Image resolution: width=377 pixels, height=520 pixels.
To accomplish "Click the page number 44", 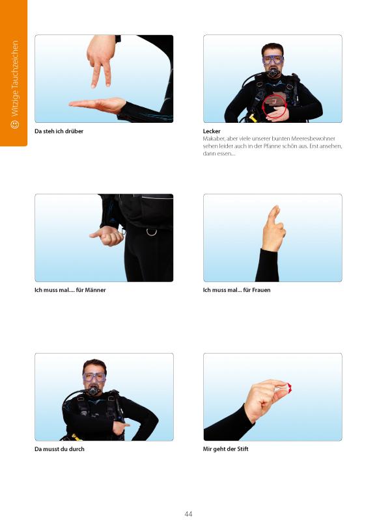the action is tap(188, 513).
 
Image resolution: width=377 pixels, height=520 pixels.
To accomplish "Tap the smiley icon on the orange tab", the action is tap(14, 124).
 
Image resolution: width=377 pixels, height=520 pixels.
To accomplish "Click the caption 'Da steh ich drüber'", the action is tap(59, 131).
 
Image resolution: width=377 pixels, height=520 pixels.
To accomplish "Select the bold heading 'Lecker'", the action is tap(212, 131).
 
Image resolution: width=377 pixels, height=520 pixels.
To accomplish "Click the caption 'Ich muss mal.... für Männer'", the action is tap(70, 290).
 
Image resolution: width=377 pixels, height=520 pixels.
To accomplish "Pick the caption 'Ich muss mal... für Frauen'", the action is tap(236, 290).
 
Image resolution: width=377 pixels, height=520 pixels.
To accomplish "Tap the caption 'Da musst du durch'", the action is tap(59, 449).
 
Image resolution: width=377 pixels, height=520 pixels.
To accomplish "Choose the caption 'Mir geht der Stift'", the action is tap(225, 449).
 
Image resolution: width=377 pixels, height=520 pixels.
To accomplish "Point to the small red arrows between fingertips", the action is tap(289, 388).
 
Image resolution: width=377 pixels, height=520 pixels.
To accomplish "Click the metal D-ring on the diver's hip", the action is tap(152, 232).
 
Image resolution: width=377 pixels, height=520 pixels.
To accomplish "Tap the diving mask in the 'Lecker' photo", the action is tap(273, 60).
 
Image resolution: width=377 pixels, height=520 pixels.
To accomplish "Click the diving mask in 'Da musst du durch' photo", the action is tap(94, 377).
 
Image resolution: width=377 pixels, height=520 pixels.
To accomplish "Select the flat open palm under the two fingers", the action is tap(98, 105).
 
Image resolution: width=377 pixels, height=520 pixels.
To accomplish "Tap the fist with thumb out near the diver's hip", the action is tap(107, 236).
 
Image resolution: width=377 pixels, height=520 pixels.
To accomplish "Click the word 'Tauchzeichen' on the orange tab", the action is tap(14, 62).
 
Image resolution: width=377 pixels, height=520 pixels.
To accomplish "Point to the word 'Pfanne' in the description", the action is tap(272, 146).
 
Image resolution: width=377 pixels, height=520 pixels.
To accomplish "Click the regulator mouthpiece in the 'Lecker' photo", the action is tap(273, 73).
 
